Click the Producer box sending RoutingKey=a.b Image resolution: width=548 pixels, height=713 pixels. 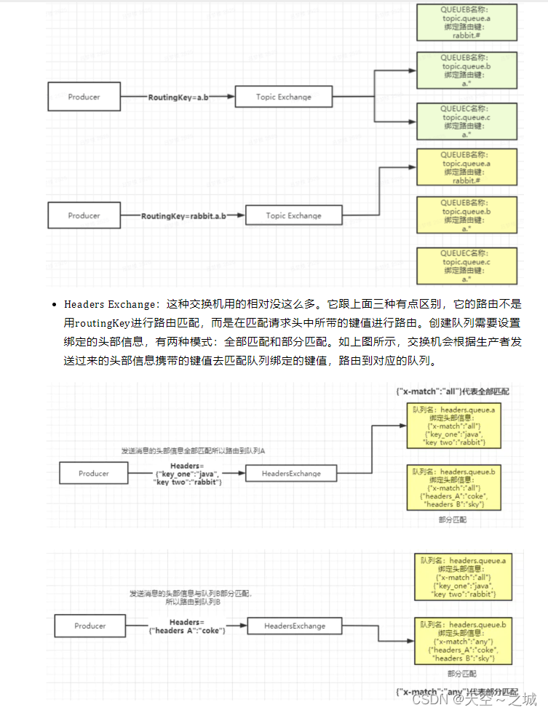tap(84, 97)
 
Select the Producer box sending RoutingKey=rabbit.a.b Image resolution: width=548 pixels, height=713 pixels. tap(84, 215)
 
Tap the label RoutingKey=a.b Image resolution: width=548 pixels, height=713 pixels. tap(178, 97)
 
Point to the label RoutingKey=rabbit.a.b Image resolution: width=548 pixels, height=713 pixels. tap(183, 216)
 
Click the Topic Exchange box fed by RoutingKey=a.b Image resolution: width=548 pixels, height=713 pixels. tap(283, 97)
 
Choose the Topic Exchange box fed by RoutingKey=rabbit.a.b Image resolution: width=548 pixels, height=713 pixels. tap(293, 215)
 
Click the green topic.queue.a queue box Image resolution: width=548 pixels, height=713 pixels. tap(466, 23)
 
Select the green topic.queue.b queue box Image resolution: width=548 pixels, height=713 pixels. tap(466, 71)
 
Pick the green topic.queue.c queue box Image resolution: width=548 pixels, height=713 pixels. tap(466, 122)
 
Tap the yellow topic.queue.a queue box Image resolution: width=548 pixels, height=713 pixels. tap(466, 168)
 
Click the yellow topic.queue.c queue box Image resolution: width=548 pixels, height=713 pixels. tap(466, 266)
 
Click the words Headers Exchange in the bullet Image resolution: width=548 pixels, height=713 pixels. tap(109, 304)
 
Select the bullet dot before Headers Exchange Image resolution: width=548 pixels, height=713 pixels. tap(54, 304)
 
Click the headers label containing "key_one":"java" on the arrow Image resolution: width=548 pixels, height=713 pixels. tap(186, 474)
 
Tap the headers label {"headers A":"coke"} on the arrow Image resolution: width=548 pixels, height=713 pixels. tap(186, 626)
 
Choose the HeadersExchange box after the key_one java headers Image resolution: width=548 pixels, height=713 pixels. tap(291, 474)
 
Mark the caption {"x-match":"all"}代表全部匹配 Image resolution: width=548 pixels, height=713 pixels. tap(453, 391)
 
